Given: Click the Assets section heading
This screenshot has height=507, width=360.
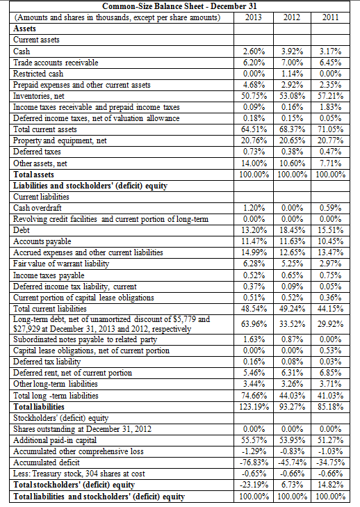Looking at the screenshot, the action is [26, 29].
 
